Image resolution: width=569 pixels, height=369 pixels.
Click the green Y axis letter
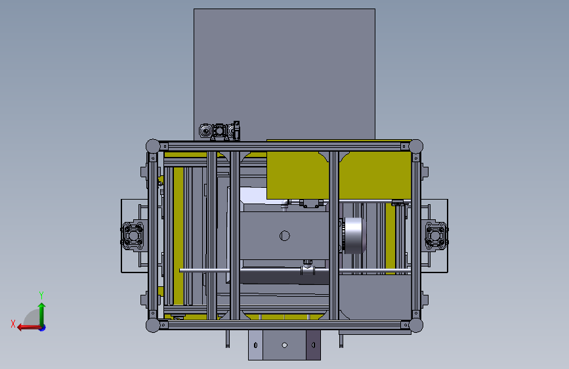(x=41, y=295)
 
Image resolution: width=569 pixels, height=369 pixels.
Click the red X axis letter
(x=13, y=324)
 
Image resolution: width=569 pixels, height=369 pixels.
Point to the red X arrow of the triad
(x=29, y=328)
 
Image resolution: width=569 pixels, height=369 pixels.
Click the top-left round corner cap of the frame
(x=153, y=146)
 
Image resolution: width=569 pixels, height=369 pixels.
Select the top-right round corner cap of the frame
(x=416, y=146)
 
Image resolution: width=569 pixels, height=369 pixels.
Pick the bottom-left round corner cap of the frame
(x=153, y=325)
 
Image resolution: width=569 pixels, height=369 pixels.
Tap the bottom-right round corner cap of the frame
(x=416, y=325)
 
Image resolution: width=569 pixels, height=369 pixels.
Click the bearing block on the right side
(x=436, y=236)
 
